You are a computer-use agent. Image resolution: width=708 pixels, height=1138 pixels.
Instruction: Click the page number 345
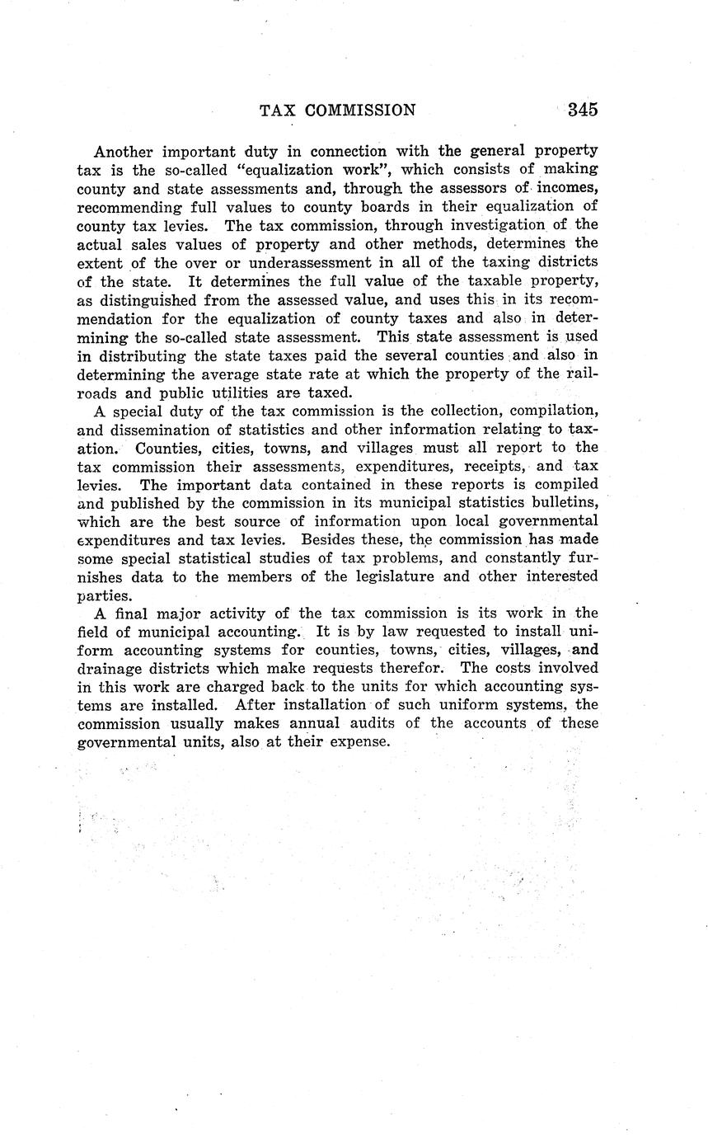pyautogui.click(x=582, y=110)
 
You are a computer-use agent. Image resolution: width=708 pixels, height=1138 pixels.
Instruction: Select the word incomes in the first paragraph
pyautogui.click(x=568, y=188)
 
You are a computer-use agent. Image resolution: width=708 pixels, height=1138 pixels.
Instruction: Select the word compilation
pyautogui.click(x=553, y=411)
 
